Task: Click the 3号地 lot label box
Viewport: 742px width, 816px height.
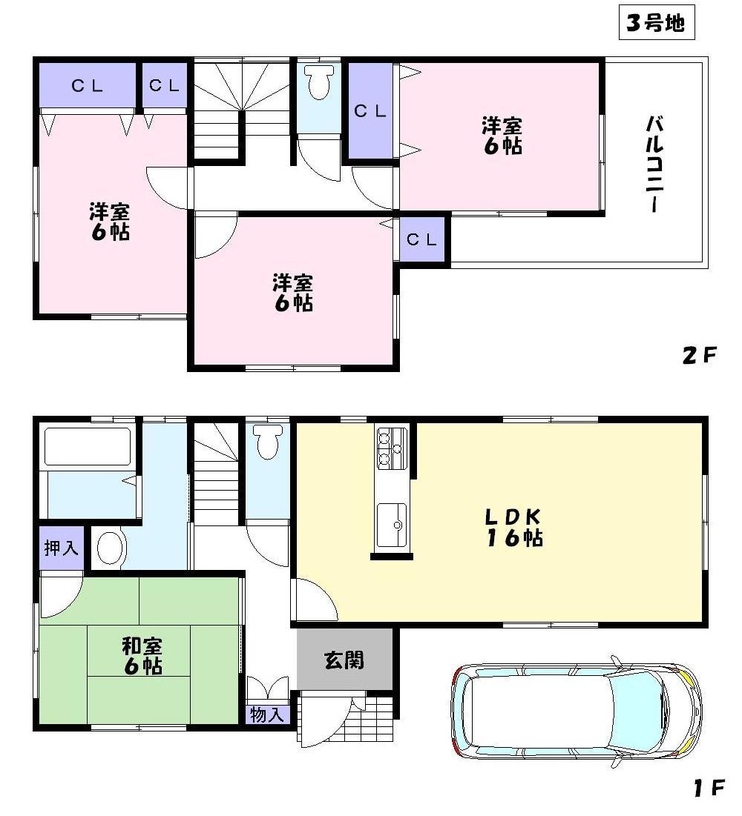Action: [655, 24]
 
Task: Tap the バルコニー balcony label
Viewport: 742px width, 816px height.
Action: [654, 163]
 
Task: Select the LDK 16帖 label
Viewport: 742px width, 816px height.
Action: [514, 527]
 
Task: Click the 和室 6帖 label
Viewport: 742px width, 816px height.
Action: [143, 656]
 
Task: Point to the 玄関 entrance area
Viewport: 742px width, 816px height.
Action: [344, 659]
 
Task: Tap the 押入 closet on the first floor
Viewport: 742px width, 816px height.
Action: [62, 549]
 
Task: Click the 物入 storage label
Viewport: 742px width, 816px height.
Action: [267, 715]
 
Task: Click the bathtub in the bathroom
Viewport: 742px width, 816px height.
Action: [88, 446]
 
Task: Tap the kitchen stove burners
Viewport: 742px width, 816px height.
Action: [390, 449]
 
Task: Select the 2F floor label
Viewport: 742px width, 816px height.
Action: [698, 356]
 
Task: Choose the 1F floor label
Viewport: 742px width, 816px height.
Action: [708, 789]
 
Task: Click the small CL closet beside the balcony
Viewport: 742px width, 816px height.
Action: [423, 239]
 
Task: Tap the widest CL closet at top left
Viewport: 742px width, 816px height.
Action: [88, 85]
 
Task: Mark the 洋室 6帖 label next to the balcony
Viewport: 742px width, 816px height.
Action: [502, 134]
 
